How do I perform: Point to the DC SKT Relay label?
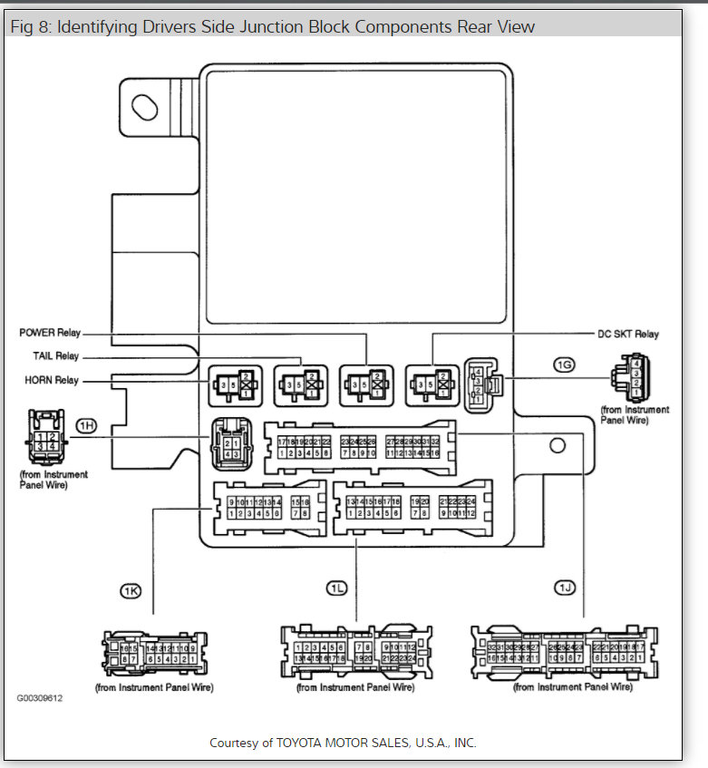(x=628, y=335)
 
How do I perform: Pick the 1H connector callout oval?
(x=86, y=425)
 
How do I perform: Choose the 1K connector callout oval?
(x=131, y=590)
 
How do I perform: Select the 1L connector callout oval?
(x=336, y=588)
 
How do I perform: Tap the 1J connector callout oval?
(x=565, y=589)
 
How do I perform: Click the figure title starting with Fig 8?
(x=272, y=26)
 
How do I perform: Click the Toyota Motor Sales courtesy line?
(x=343, y=742)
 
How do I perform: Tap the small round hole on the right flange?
(x=558, y=445)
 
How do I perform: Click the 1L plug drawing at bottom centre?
(x=355, y=652)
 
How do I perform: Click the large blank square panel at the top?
(x=356, y=196)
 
